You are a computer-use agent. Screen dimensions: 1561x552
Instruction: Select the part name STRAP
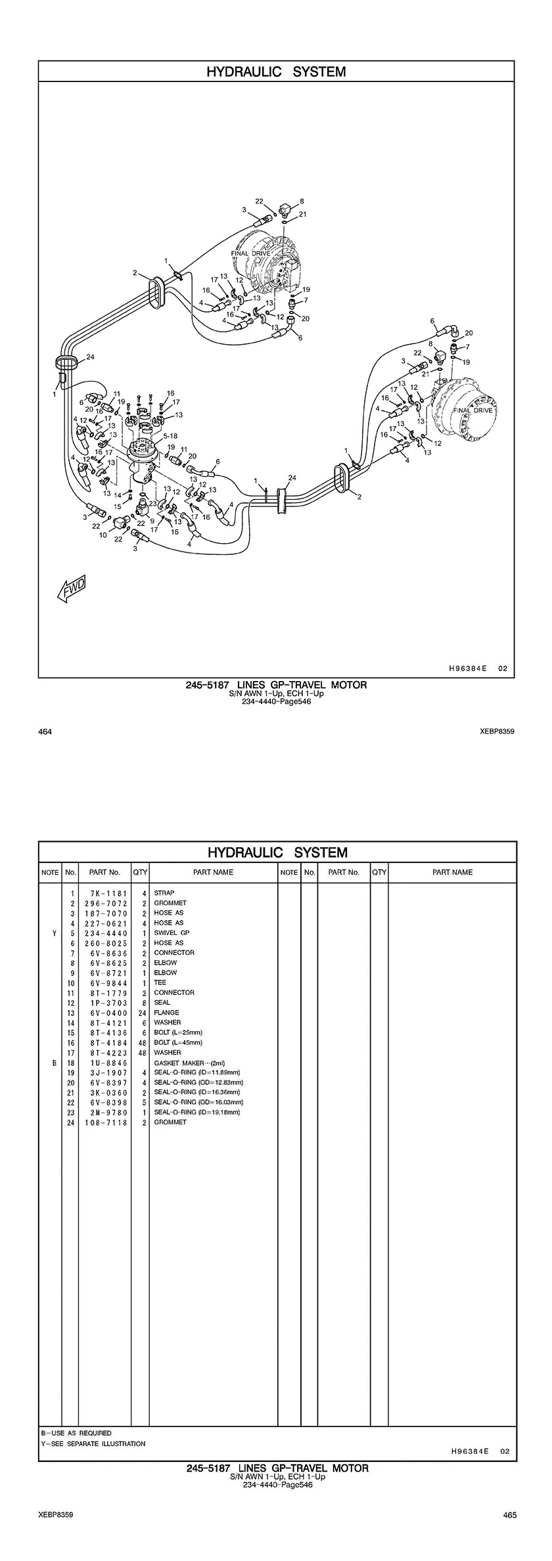point(164,893)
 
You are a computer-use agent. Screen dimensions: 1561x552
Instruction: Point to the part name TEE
point(160,982)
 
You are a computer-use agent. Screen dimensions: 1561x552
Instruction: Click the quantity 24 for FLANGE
point(141,1013)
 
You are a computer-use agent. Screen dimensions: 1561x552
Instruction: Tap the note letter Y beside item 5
point(50,933)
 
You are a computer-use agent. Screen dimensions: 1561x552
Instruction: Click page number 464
point(46,731)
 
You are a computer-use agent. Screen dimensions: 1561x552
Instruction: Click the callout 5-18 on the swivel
point(170,435)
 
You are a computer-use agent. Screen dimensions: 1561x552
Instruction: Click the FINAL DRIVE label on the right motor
point(472,410)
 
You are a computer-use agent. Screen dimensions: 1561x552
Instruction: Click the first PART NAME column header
point(213,872)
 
